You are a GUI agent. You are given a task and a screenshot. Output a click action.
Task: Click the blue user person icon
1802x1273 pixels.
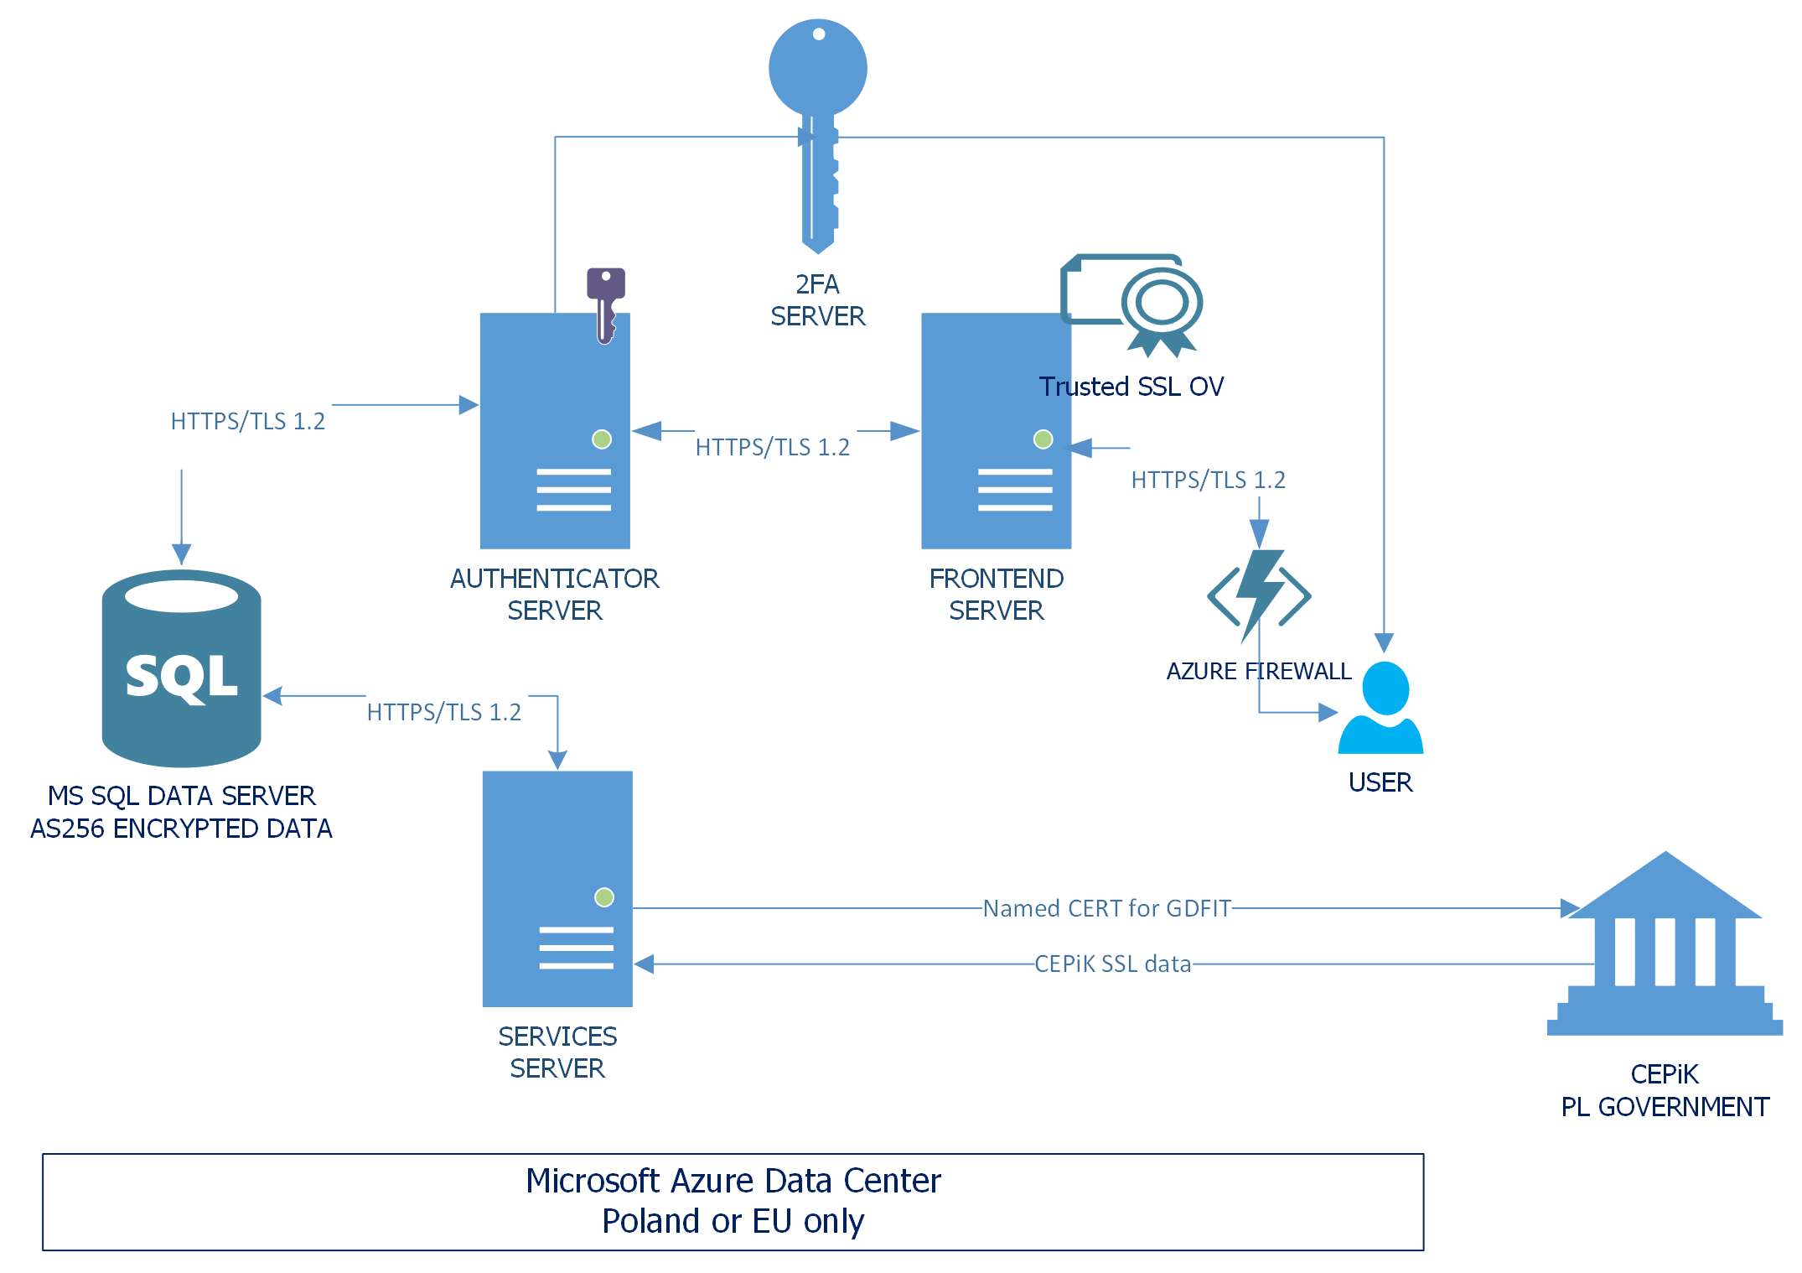click(x=1381, y=708)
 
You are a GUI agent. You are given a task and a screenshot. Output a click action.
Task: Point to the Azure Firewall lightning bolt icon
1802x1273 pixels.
click(x=1259, y=595)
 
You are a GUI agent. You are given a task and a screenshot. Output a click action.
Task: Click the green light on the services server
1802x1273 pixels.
click(x=604, y=897)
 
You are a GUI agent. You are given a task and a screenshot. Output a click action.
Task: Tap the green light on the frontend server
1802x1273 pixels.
click(x=1043, y=439)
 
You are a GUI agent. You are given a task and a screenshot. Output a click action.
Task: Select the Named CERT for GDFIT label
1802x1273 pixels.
click(x=1106, y=908)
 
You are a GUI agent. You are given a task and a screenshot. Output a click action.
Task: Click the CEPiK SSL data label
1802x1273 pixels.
click(x=1112, y=964)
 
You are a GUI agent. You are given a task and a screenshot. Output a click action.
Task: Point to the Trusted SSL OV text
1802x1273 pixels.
click(x=1131, y=387)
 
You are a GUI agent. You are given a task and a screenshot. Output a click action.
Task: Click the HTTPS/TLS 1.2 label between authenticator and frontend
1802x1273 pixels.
click(x=772, y=447)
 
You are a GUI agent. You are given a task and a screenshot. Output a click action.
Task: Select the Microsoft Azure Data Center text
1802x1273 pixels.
click(x=733, y=1181)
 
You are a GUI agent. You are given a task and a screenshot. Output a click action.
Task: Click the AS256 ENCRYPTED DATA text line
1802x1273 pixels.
click(x=181, y=829)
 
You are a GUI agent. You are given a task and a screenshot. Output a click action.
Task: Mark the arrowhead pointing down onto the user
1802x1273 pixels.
click(x=1384, y=643)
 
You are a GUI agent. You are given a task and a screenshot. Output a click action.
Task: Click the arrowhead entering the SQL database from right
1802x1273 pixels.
click(x=272, y=696)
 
